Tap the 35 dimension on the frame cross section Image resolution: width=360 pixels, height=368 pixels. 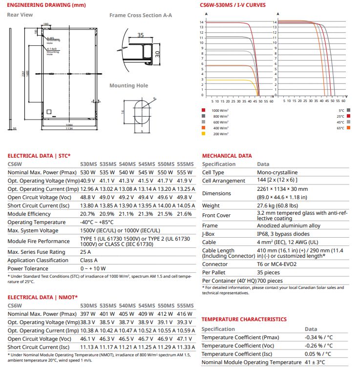point(141,35)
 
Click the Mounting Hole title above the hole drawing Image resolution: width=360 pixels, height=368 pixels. point(128,85)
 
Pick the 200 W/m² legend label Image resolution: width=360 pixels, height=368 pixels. point(220,133)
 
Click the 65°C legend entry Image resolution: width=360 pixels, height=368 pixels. point(340,128)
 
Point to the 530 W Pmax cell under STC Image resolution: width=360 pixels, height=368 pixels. point(87,172)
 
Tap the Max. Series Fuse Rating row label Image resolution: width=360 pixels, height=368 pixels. point(37,252)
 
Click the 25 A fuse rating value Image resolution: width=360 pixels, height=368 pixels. point(85,252)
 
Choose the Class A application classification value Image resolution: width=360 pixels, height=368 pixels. point(89,260)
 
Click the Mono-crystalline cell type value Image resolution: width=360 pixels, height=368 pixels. point(278,172)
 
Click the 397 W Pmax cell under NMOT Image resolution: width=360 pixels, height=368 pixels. point(88,313)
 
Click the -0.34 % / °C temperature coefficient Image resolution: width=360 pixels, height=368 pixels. point(318,337)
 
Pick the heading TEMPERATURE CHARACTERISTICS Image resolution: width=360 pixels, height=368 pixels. point(244,319)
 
